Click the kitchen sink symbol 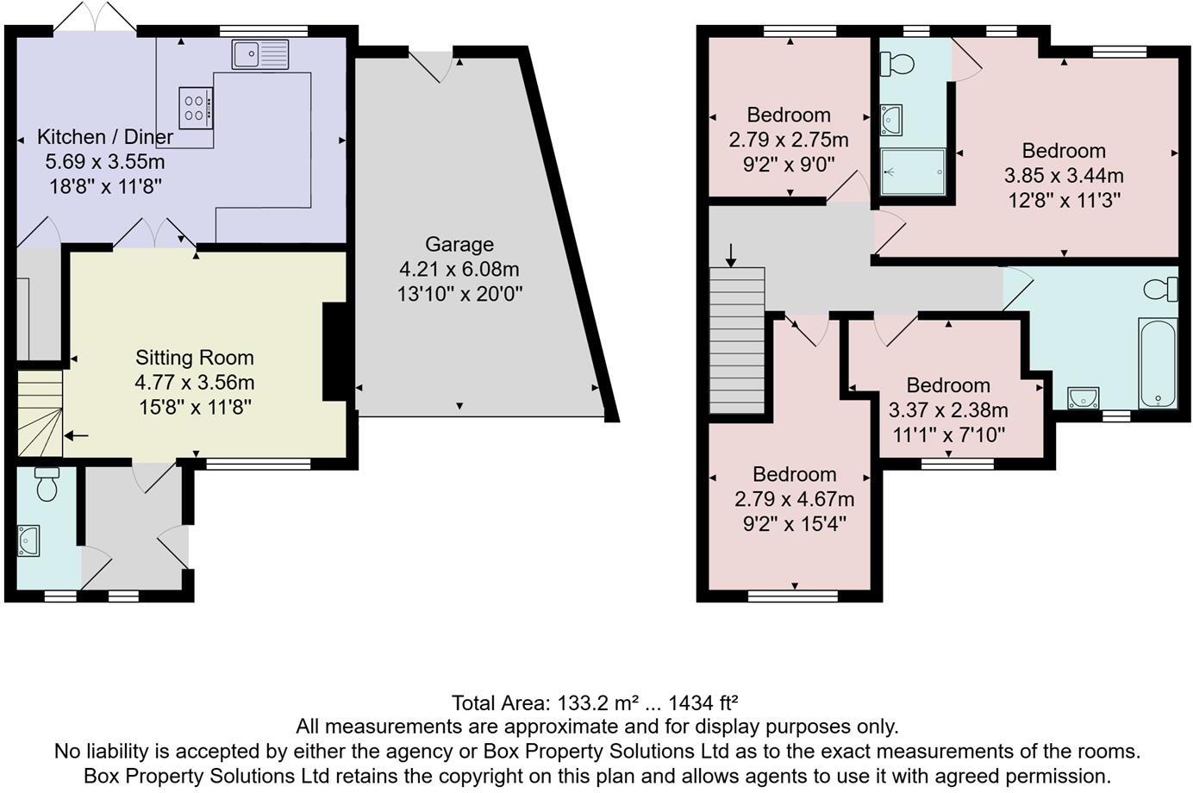(260, 54)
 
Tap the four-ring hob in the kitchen (196, 108)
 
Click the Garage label (459, 244)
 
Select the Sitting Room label (195, 358)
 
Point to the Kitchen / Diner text (105, 137)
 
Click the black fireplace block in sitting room (335, 351)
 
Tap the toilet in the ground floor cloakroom (47, 485)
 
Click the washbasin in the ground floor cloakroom (28, 540)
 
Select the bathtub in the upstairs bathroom (1157, 363)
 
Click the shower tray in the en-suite (913, 172)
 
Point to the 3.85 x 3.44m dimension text (1064, 176)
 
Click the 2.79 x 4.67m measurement (794, 499)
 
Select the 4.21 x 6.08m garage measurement (459, 269)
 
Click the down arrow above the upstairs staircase (731, 254)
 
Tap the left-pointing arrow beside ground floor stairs (76, 436)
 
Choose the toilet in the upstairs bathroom (1161, 289)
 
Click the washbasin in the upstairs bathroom (1083, 398)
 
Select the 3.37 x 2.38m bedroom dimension (948, 410)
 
